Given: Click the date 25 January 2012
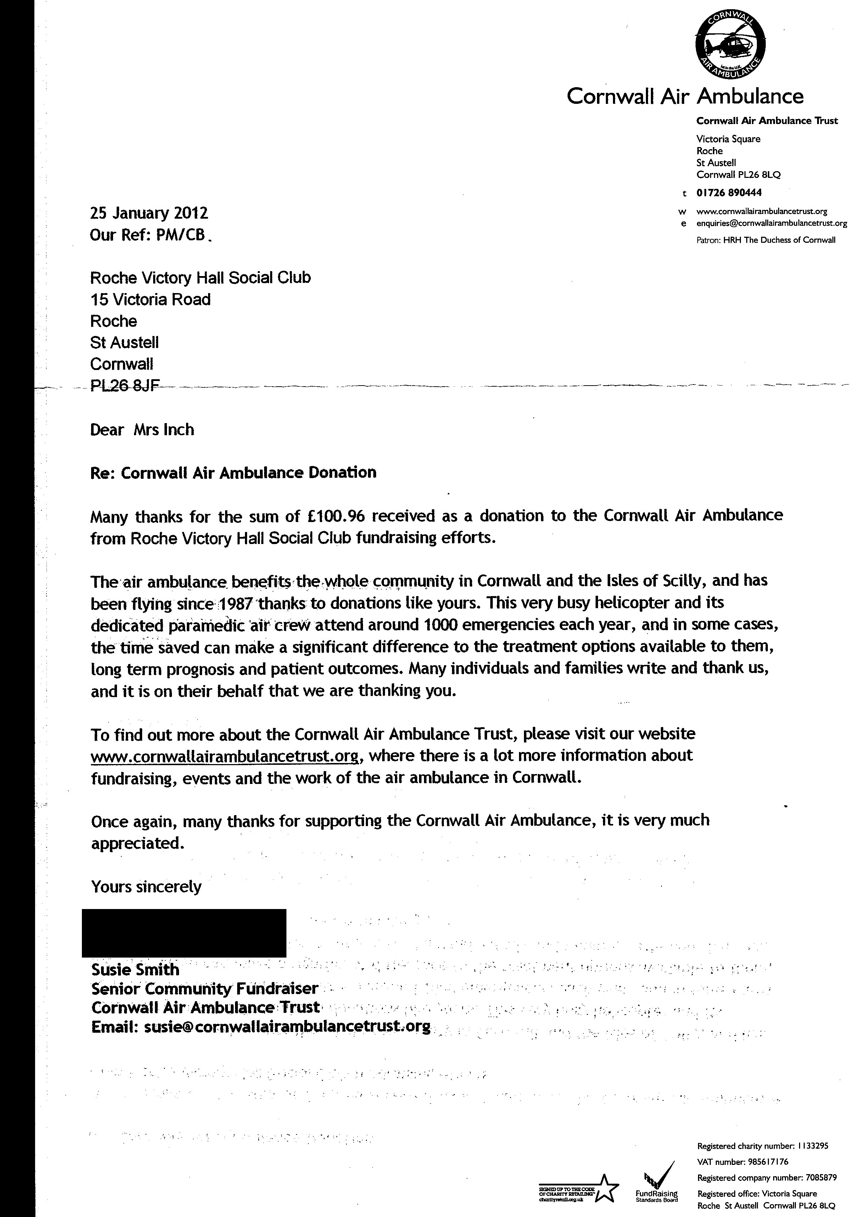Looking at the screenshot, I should click(149, 213).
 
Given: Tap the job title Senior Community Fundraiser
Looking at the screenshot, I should click(205, 988).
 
